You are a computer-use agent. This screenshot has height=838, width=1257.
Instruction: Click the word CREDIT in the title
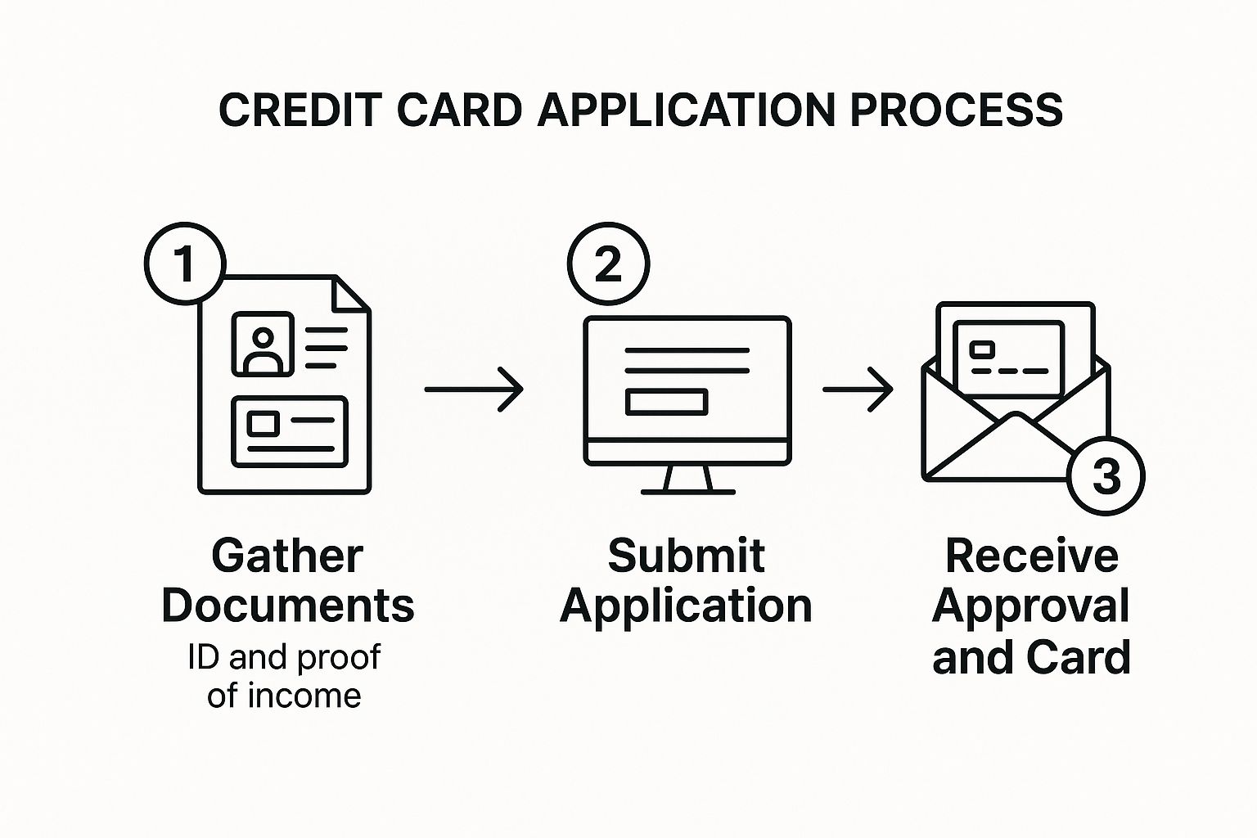(x=301, y=110)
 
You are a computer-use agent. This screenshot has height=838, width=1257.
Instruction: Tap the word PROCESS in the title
(x=956, y=110)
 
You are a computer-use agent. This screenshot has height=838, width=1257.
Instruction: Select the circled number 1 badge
(x=185, y=264)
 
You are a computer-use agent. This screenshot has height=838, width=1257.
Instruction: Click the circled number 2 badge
(x=608, y=264)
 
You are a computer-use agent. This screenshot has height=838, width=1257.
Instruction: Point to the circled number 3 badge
(x=1106, y=476)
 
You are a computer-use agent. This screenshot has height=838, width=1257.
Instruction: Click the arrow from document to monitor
(x=474, y=389)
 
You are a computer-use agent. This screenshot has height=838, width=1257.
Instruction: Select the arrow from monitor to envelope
(x=858, y=389)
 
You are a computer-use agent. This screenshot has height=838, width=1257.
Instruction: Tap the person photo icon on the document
(x=263, y=344)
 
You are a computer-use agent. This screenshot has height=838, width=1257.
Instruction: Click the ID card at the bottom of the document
(x=290, y=431)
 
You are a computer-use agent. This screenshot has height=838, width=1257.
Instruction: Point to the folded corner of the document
(x=351, y=294)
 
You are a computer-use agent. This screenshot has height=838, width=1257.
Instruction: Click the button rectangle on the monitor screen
(x=667, y=402)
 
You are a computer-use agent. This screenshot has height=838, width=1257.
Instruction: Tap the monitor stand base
(x=688, y=492)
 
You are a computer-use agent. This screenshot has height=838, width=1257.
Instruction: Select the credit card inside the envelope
(x=1008, y=359)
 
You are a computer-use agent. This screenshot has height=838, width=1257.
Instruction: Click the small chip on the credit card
(x=982, y=349)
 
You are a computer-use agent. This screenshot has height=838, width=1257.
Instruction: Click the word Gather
(x=287, y=556)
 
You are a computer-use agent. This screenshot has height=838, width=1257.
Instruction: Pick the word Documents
(x=288, y=606)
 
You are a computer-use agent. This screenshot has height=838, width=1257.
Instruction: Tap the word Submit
(x=687, y=556)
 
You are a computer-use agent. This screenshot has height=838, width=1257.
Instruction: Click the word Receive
(x=1031, y=556)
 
